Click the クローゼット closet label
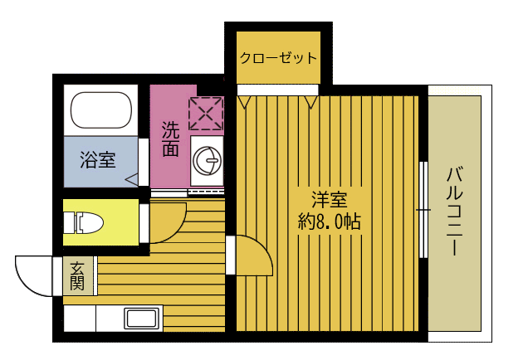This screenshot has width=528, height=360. (x=278, y=58)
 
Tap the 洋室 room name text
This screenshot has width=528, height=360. (x=329, y=201)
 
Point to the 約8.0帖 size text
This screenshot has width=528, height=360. (x=329, y=222)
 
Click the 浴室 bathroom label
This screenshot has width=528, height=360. (x=98, y=160)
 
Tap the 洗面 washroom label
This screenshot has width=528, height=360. (x=170, y=139)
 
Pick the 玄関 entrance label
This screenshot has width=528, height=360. (x=77, y=275)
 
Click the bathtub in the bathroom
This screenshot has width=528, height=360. (x=101, y=109)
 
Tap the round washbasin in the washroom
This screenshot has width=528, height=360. (x=207, y=158)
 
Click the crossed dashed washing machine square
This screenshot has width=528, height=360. (x=206, y=113)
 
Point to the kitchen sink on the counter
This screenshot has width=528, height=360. (x=143, y=319)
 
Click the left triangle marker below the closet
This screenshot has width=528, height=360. (x=244, y=103)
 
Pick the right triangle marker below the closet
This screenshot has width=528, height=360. (x=311, y=103)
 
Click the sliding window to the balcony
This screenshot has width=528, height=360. (x=423, y=212)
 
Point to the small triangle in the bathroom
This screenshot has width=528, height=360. (x=131, y=179)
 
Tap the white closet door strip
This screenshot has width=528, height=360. (x=277, y=89)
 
